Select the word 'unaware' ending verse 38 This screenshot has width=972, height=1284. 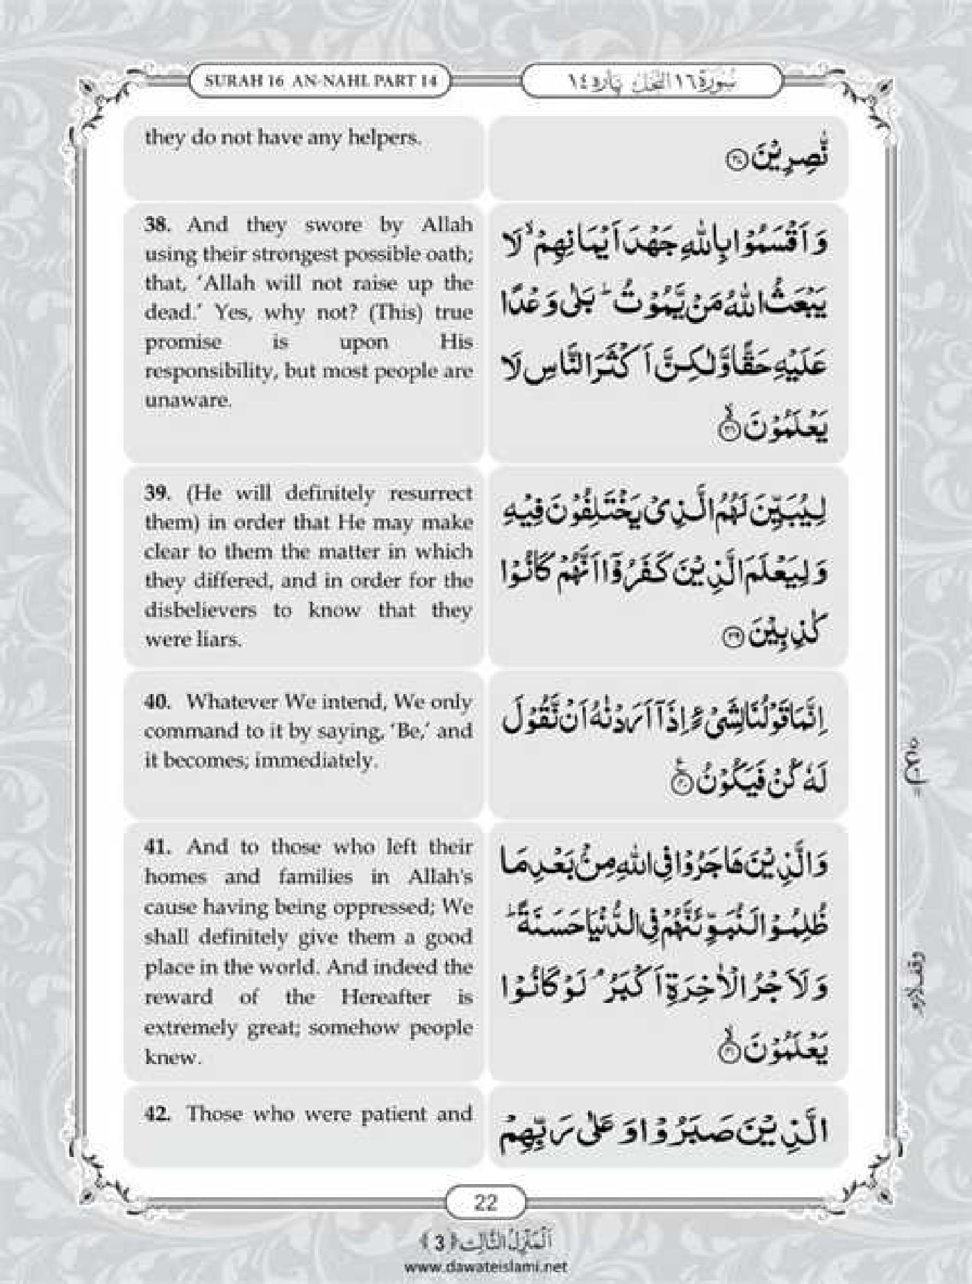click(187, 400)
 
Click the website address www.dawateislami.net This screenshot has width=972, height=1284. click(485, 1266)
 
